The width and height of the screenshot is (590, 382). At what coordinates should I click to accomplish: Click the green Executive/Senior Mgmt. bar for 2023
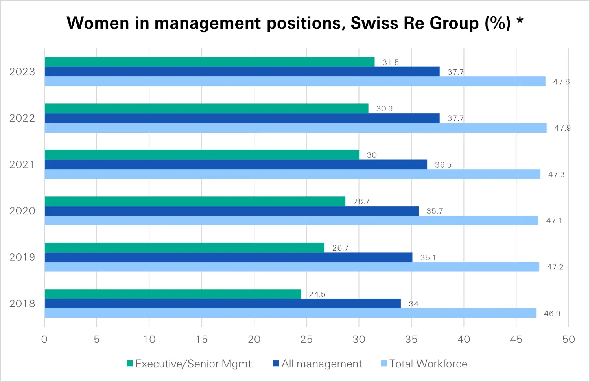[x=209, y=62]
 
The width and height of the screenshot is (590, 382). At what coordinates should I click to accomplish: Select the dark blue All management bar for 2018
[x=223, y=304]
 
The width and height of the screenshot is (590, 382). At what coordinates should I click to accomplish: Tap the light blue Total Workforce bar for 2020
[x=291, y=221]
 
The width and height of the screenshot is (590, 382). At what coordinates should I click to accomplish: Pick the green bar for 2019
[x=184, y=248]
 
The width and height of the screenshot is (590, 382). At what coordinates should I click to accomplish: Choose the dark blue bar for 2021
[x=236, y=164]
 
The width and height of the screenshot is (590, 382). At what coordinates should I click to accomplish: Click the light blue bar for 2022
[x=295, y=128]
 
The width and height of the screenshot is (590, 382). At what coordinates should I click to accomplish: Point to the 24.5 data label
[x=317, y=294]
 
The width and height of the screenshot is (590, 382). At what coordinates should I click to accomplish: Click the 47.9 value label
[x=562, y=128]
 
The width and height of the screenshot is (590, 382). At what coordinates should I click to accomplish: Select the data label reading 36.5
[x=443, y=165]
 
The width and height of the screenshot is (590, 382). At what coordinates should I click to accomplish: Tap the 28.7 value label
[x=361, y=201]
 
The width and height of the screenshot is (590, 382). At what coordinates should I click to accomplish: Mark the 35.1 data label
[x=428, y=258]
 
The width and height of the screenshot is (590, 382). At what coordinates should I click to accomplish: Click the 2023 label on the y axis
[x=22, y=72]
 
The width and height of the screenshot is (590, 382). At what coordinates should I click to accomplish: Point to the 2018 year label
[x=22, y=304]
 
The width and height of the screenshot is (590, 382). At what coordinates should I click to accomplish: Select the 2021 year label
[x=22, y=164]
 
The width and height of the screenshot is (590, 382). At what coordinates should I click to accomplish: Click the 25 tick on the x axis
[x=306, y=339]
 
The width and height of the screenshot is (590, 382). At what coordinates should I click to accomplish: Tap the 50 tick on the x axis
[x=569, y=339]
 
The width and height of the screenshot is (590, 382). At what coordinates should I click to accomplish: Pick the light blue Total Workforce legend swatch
[x=384, y=364]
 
